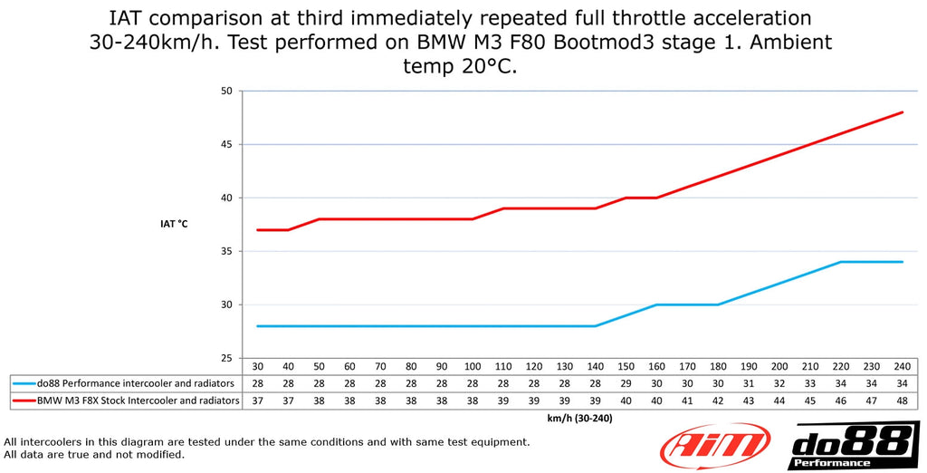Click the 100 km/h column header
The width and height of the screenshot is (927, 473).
(473, 365)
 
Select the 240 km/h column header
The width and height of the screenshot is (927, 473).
(903, 365)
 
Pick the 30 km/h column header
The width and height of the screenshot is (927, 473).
(258, 365)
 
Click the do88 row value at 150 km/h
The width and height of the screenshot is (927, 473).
(626, 383)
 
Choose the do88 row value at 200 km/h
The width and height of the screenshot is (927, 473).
(779, 383)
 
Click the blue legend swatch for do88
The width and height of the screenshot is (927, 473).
(22, 383)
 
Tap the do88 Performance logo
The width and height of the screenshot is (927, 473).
(853, 446)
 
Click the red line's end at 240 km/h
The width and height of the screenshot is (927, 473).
(903, 112)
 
